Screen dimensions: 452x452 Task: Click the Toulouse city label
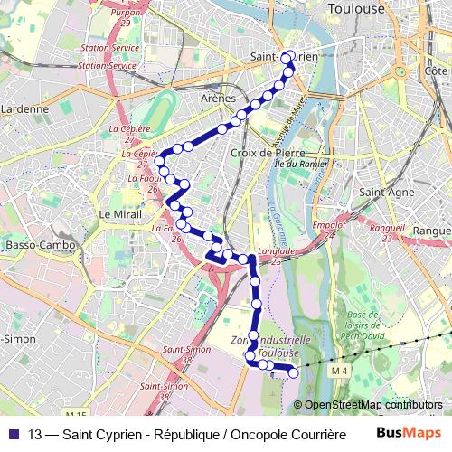(x=357, y=9)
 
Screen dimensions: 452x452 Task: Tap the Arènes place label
(x=218, y=98)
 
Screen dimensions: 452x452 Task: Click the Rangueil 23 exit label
(x=387, y=229)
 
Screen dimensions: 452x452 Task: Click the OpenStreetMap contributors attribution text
(x=372, y=405)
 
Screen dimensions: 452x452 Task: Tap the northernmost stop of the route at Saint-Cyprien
(x=287, y=58)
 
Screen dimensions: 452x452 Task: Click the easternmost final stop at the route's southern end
(x=292, y=372)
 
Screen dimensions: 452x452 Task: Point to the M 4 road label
(x=339, y=372)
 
